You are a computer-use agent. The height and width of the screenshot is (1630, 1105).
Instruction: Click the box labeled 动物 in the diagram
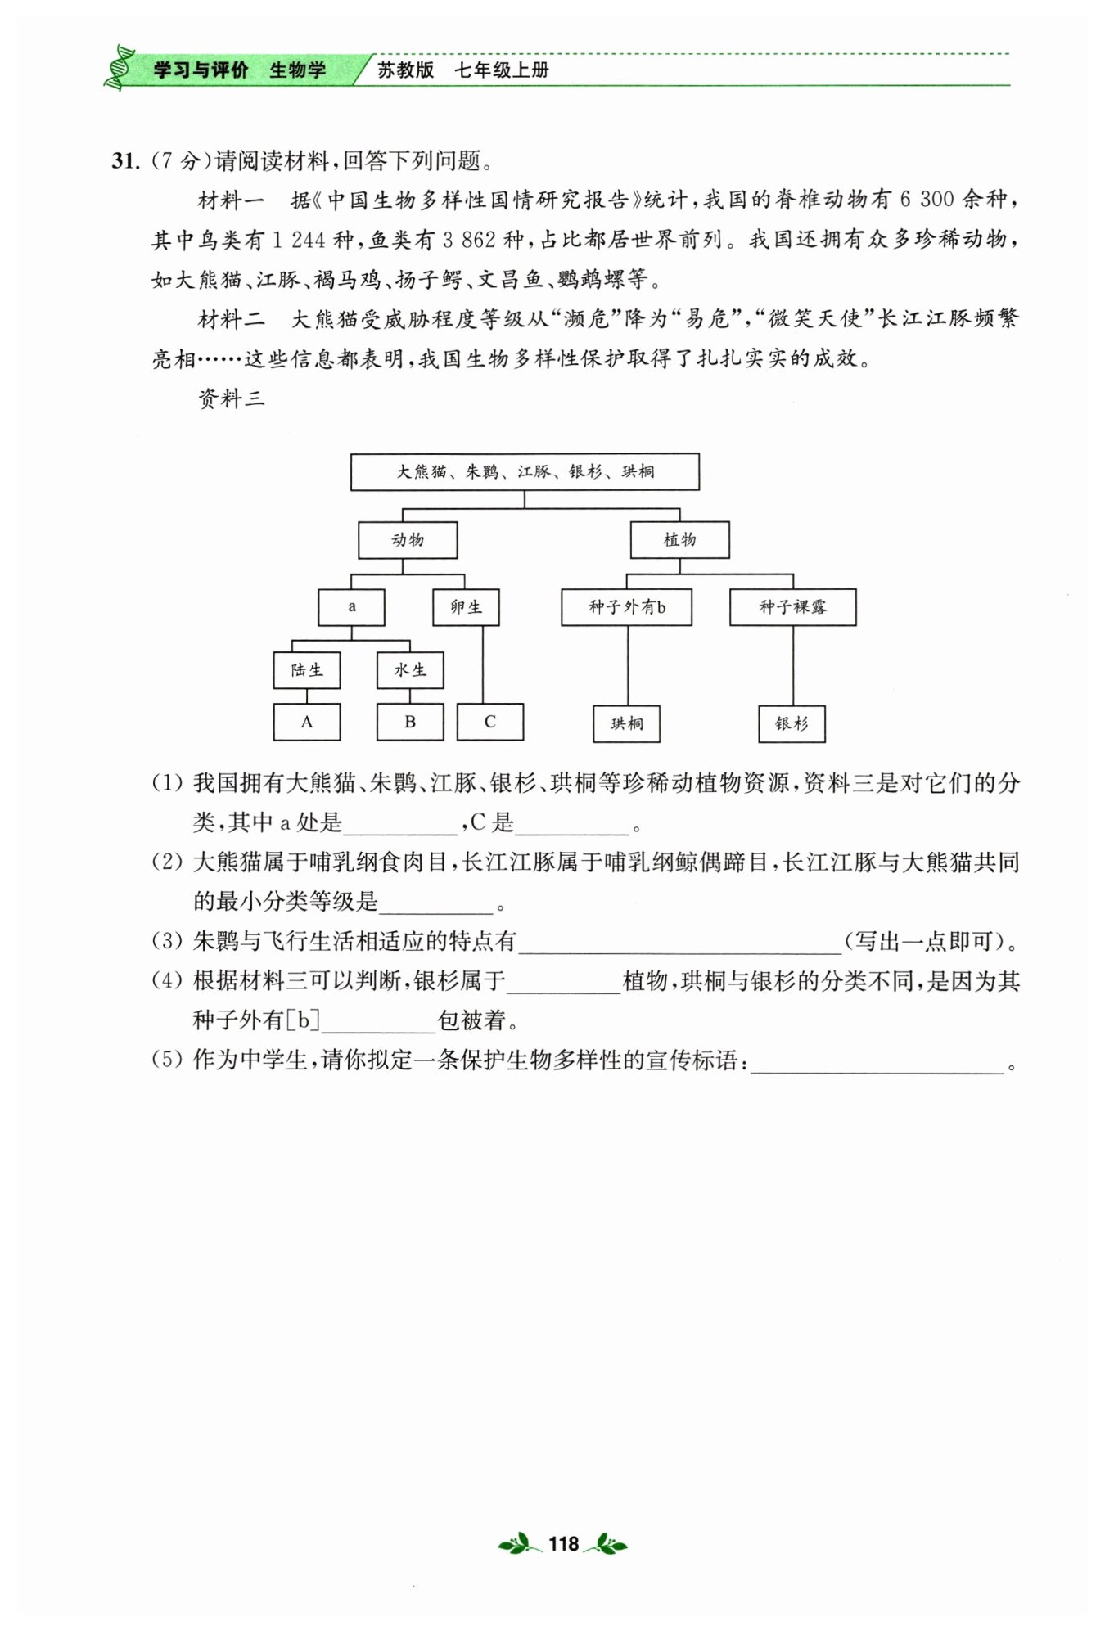coord(408,540)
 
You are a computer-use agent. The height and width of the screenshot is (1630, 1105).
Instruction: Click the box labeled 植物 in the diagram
coord(679,540)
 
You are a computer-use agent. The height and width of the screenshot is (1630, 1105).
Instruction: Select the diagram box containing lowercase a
coord(351,607)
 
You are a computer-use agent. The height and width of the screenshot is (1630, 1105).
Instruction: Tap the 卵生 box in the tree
coord(466,607)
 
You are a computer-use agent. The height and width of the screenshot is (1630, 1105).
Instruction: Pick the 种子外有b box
coord(626,607)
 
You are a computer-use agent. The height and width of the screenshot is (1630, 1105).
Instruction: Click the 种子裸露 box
coord(792,607)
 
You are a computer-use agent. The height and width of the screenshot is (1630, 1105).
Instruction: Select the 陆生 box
coord(307,670)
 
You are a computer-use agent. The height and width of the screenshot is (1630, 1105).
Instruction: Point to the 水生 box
coord(410,670)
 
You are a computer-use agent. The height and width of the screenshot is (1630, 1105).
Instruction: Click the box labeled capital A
coord(307,723)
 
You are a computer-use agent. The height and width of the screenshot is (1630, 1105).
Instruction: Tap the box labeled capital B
coord(410,723)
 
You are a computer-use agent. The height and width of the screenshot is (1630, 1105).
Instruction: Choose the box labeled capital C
coord(489,723)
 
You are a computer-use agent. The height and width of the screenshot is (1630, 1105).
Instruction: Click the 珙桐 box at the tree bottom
coord(627,724)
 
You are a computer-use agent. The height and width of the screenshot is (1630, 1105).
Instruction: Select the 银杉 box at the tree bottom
coord(792,724)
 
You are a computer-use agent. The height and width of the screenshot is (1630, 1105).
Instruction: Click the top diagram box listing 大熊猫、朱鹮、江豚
coord(525,472)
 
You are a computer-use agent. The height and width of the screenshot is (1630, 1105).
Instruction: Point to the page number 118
coord(563,1544)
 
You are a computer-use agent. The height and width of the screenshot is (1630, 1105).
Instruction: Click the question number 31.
coord(125,161)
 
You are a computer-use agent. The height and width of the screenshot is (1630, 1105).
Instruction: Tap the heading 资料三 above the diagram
coord(232,398)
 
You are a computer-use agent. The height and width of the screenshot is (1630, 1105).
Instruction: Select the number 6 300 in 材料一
coord(927,200)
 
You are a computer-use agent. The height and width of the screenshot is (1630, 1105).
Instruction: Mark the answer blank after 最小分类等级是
coord(436,903)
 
